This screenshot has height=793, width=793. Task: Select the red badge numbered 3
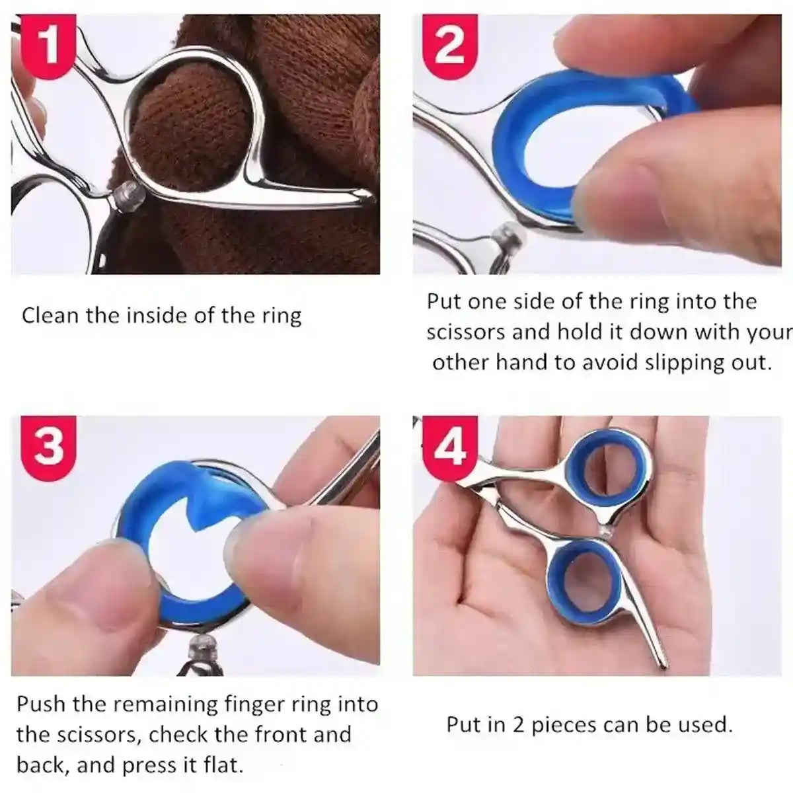click(48, 445)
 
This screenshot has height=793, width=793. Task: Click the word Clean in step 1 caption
click(51, 315)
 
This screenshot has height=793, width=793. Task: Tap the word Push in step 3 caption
click(42, 704)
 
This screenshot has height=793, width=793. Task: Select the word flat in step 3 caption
click(222, 765)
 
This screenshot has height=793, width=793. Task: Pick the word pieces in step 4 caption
click(571, 726)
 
